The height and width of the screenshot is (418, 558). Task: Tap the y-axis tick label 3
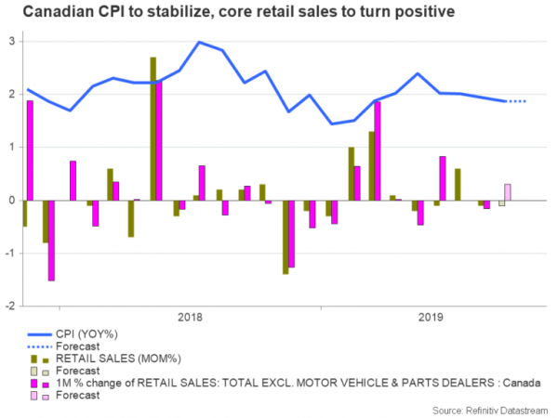[11, 42]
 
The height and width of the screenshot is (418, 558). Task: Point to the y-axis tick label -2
[9, 306]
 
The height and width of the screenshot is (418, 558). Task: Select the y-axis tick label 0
[11, 201]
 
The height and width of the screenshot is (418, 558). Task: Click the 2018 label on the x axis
[191, 316]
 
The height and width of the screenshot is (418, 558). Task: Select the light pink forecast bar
[507, 191]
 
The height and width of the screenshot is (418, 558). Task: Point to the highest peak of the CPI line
[199, 42]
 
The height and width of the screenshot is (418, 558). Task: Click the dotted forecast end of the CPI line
[517, 101]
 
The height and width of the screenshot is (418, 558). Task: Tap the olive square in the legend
[34, 358]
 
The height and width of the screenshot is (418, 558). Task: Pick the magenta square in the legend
[34, 382]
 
